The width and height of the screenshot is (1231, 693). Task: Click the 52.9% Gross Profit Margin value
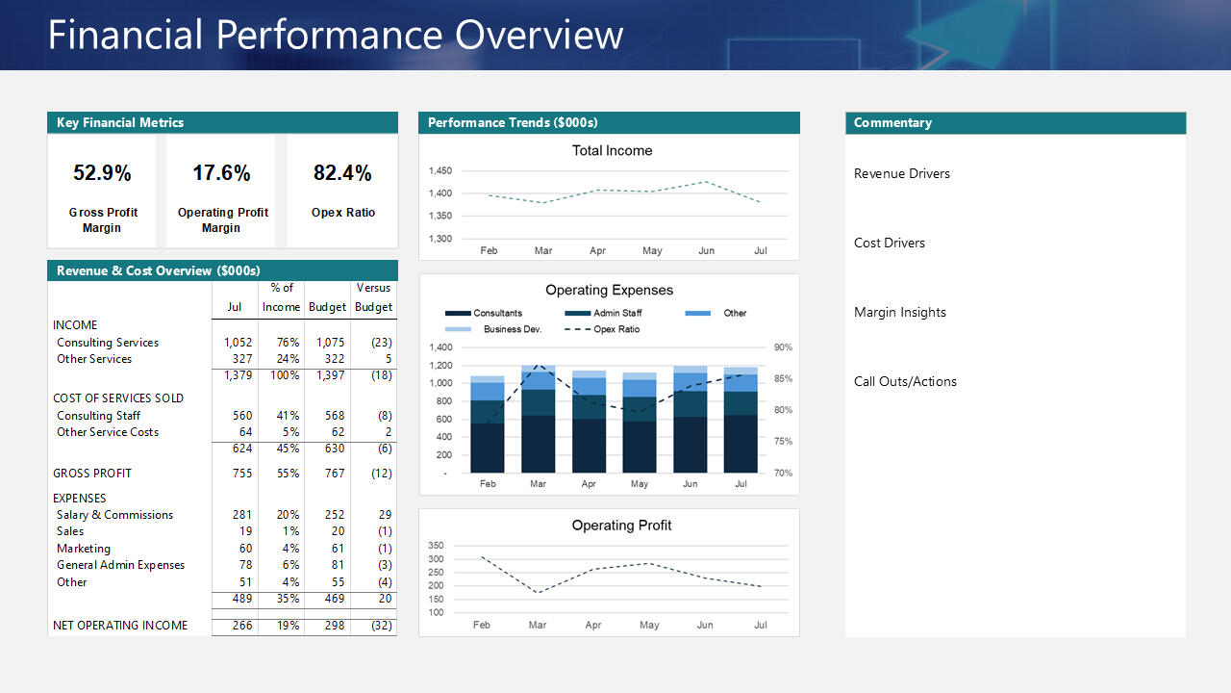[102, 173]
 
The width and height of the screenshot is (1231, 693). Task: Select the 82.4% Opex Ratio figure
[342, 173]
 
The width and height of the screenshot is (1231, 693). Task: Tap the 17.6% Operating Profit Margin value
[221, 173]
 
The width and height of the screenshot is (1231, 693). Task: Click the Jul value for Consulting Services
[238, 343]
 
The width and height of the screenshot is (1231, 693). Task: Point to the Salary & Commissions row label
[114, 515]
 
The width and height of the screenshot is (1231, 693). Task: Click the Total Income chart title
[612, 151]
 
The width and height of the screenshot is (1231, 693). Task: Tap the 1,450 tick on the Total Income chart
[440, 171]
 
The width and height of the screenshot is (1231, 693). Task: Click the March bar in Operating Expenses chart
[538, 423]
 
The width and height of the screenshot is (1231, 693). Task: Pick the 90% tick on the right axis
[783, 347]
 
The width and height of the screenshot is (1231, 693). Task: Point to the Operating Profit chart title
[621, 526]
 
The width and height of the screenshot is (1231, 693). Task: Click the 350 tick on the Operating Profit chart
[436, 546]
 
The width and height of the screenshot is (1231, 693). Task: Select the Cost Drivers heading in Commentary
[890, 244]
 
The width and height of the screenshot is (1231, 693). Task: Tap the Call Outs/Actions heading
[905, 382]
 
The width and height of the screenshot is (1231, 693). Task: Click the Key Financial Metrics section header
[120, 123]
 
